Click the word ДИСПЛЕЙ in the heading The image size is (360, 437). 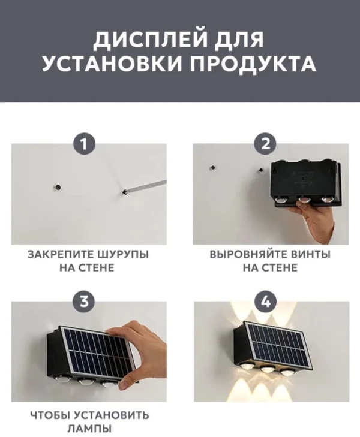(151, 40)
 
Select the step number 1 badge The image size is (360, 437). (84, 144)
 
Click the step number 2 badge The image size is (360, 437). (266, 144)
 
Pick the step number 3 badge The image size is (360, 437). (84, 302)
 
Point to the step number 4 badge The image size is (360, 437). (266, 302)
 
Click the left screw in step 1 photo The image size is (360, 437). (58, 187)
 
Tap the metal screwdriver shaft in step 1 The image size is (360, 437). (145, 186)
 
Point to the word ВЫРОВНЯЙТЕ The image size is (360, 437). (249, 254)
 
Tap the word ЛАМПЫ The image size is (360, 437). (89, 429)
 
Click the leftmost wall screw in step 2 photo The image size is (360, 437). (213, 168)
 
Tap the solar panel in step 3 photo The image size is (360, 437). (98, 348)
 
